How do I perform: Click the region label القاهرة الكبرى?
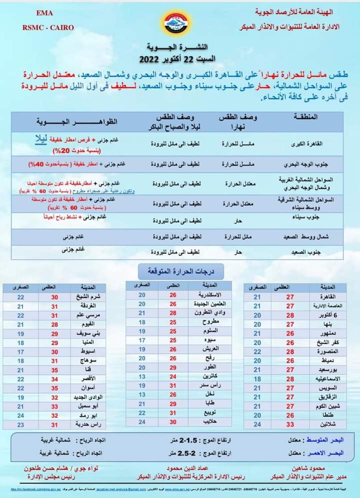(x=303, y=143)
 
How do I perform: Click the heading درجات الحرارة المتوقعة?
(x=180, y=271)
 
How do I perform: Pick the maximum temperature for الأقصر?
(x=55, y=379)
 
